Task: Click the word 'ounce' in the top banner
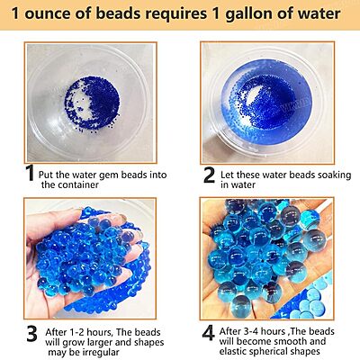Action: point(49,13)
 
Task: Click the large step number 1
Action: point(30,173)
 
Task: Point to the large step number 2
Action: point(209,175)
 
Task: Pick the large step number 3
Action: point(31,334)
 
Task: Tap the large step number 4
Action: point(209,333)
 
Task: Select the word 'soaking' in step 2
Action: point(332,175)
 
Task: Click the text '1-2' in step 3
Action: point(74,332)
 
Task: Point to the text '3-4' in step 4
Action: point(247,331)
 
